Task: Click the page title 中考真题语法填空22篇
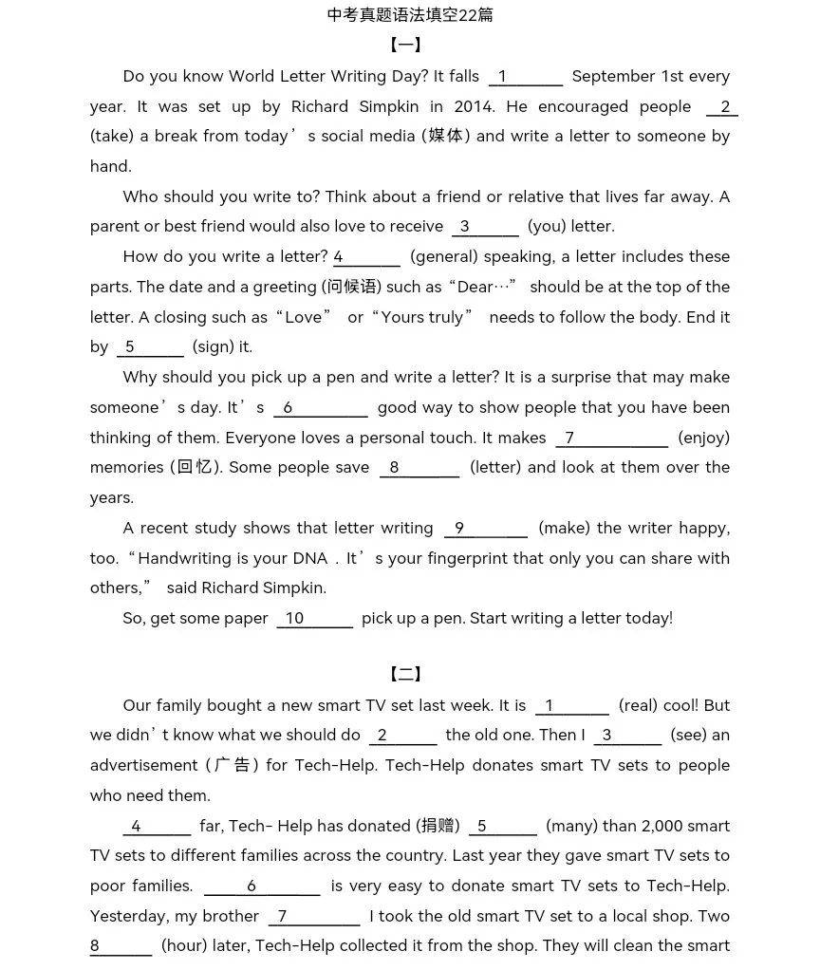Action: point(410,15)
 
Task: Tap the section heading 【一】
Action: point(405,46)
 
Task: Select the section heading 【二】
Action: point(405,675)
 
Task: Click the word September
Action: point(614,77)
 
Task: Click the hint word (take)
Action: point(111,137)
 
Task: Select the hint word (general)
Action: point(446,257)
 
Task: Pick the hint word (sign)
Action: point(222,347)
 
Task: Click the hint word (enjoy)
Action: point(703,438)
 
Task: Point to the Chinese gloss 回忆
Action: point(196,468)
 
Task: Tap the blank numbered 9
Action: point(485,529)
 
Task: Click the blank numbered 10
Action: point(314,619)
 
